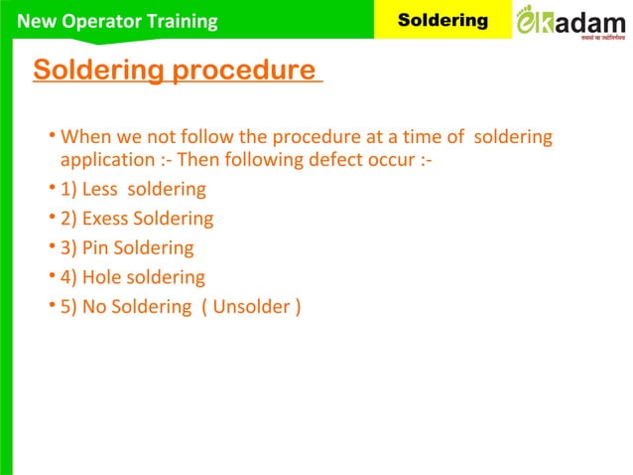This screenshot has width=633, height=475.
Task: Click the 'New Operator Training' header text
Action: coord(118,21)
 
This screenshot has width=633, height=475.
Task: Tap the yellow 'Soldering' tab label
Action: coord(443,20)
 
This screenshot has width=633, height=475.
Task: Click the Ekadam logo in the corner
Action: coord(570,21)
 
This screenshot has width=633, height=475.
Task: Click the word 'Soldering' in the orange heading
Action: coord(99,72)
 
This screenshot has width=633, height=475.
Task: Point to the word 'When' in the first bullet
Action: coord(82,136)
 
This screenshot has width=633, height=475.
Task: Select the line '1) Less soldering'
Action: coord(133,189)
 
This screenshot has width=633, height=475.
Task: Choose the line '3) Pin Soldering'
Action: coord(127,247)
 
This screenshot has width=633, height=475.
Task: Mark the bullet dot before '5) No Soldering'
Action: coord(51,306)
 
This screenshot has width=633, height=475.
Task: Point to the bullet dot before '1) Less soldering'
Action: coord(51,188)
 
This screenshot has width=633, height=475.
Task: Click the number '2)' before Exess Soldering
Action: coord(69,219)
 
